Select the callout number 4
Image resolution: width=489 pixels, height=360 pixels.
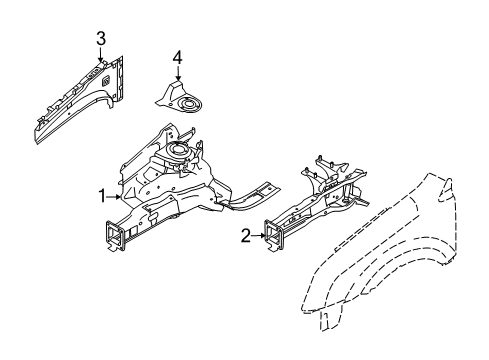pyautogui.click(x=177, y=57)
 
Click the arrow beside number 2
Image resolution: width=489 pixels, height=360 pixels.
pyautogui.click(x=258, y=237)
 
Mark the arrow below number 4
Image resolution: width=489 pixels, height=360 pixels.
pyautogui.click(x=177, y=75)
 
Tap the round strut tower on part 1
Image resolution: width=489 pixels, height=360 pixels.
pyautogui.click(x=179, y=152)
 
